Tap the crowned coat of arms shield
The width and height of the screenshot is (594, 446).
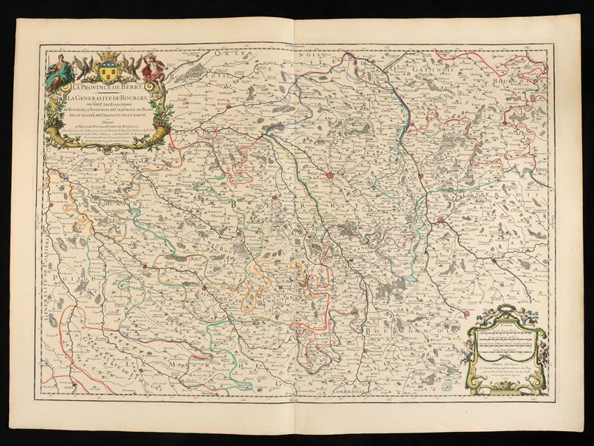(109, 66)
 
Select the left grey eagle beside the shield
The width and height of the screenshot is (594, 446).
(84, 68)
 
